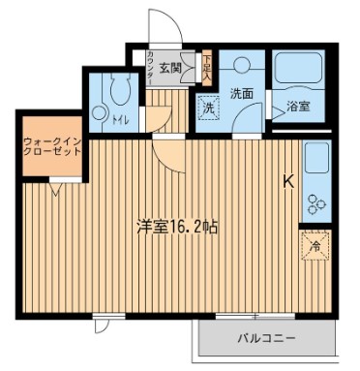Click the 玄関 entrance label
[x=170, y=68]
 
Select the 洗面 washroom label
[x=241, y=93]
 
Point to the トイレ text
[x=122, y=121]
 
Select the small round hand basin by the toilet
[x=99, y=113]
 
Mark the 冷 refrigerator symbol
[x=315, y=246]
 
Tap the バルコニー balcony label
[x=267, y=338]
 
